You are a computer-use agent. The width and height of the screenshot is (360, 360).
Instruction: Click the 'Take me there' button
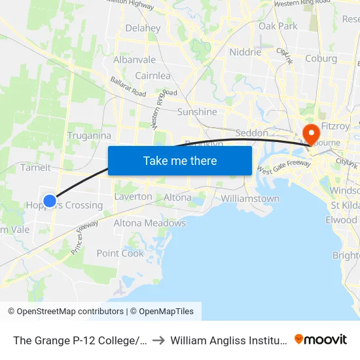pos(180,160)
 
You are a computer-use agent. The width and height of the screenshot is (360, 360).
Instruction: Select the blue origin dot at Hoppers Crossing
pos(50,201)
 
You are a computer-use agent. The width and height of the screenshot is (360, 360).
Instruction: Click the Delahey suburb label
pos(143,28)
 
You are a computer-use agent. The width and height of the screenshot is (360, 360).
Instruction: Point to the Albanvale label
pos(134,60)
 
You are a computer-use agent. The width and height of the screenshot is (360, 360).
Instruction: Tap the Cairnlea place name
pos(153,75)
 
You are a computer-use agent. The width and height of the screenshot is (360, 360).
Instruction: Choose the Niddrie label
pos(245,52)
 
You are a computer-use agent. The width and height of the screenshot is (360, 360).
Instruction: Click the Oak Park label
pos(278,26)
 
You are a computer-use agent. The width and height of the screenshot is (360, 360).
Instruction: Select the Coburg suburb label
pos(321,58)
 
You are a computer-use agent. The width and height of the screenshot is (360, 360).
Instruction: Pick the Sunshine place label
pos(197,112)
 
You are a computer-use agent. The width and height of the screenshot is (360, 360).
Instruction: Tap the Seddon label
pos(251,133)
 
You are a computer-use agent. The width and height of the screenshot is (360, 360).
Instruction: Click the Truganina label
pos(89,135)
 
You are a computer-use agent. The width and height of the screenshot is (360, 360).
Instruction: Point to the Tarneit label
pos(35,167)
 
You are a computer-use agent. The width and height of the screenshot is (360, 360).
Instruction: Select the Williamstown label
pos(250,198)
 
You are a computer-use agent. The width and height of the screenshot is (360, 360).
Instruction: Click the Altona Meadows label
pos(150,223)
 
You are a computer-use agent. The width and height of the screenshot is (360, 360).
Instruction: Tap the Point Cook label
pos(120,253)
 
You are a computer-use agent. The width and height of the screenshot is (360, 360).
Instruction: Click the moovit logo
pos(321,339)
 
